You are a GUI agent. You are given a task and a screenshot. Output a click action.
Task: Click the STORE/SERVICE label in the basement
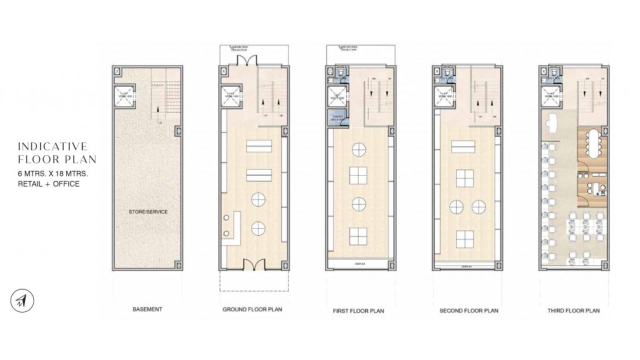pos(148,212)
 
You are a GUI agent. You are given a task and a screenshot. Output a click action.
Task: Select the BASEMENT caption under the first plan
pos(147,309)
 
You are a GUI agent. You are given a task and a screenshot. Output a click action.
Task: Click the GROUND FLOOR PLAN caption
pos(252,309)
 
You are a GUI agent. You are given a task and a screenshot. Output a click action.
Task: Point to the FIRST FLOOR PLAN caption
pos(358,310)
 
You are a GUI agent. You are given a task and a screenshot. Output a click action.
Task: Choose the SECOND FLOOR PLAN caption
pos(468,310)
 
